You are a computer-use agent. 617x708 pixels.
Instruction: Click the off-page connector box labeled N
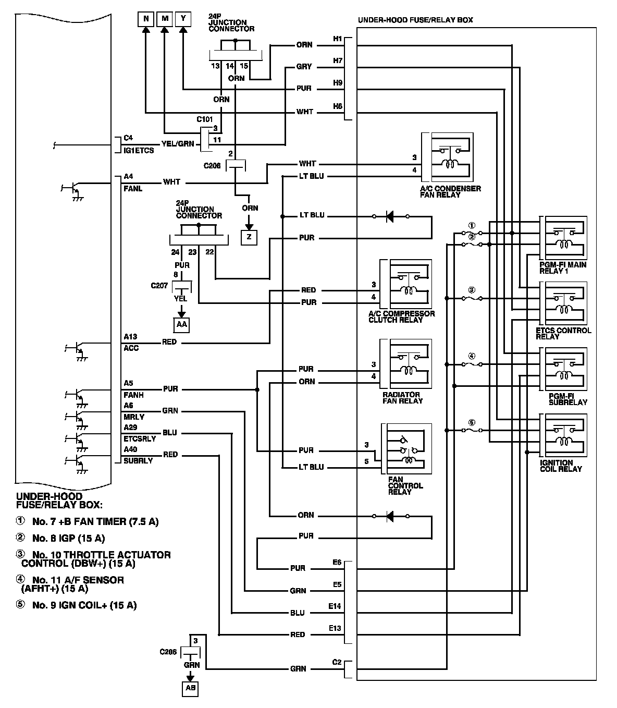(146, 19)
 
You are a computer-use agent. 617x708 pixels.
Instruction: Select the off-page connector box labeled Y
(183, 19)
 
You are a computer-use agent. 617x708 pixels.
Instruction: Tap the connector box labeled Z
(249, 237)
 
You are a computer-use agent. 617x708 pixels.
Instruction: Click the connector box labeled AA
(181, 324)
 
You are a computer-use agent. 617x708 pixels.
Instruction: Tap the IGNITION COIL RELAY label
(561, 466)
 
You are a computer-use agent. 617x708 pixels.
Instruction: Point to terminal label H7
(338, 61)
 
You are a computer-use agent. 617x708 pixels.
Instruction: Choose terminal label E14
(335, 606)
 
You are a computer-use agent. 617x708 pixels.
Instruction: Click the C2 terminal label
(337, 662)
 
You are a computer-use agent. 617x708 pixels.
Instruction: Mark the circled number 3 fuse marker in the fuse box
(472, 289)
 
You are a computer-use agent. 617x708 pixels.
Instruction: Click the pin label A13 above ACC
(130, 337)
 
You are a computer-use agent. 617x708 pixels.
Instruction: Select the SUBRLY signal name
(138, 461)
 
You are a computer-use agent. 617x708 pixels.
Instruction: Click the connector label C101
(205, 119)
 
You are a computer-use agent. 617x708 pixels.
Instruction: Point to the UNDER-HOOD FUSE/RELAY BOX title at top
(415, 20)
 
